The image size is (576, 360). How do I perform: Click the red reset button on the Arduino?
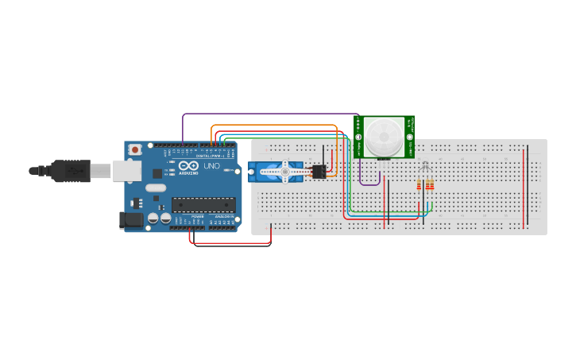135,149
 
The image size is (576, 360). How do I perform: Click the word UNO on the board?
211,166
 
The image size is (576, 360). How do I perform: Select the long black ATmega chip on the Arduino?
203,204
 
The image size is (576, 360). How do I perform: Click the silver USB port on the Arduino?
126,169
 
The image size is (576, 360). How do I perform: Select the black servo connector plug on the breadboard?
319,170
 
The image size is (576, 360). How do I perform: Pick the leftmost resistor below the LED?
420,185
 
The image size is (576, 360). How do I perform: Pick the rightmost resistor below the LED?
431,185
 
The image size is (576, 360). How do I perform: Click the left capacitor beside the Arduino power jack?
153,218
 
